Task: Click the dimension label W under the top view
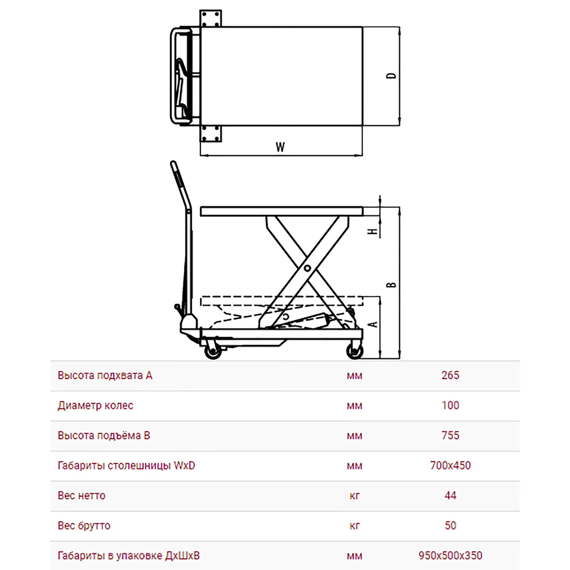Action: [x=280, y=147]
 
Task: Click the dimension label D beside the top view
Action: [x=391, y=76]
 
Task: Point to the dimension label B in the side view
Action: [x=391, y=285]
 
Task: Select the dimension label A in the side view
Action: [x=373, y=324]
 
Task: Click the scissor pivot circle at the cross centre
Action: [x=307, y=268]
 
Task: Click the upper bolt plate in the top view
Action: [x=211, y=18]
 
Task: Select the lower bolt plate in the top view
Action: [x=211, y=134]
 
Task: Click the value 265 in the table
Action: [x=450, y=375]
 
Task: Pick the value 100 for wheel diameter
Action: [x=450, y=405]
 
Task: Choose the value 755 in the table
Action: [x=450, y=435]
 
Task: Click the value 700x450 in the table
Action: [x=450, y=465]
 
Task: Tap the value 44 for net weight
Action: [x=450, y=496]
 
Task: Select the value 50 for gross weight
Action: [x=450, y=526]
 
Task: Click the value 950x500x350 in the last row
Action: [x=450, y=556]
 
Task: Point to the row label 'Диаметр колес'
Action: [x=96, y=406]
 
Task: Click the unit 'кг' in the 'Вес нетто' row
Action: [x=355, y=496]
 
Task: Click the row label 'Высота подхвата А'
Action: [x=105, y=376]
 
